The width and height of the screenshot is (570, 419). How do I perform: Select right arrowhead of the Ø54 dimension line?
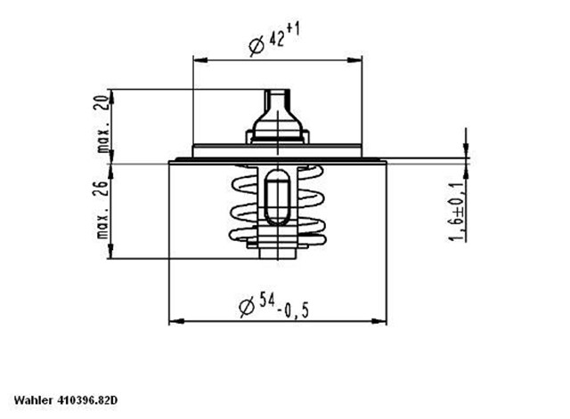pos(380,319)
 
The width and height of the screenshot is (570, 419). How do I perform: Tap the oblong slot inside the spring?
pos(275,200)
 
